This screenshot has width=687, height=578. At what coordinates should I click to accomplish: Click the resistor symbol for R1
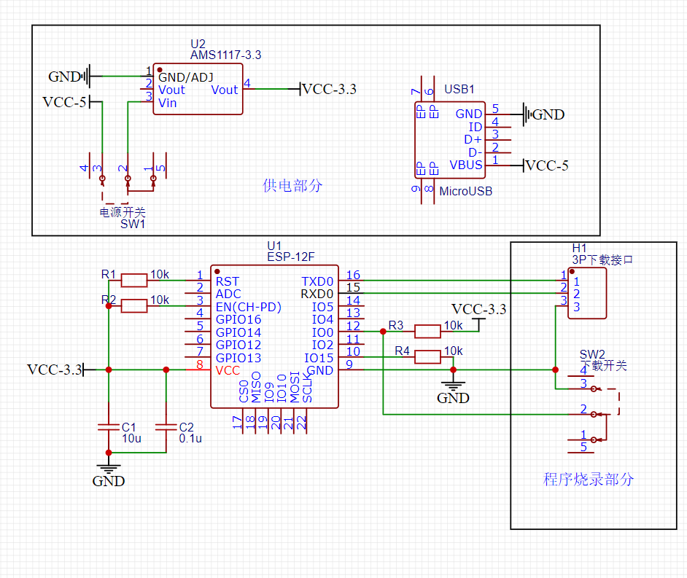click(134, 280)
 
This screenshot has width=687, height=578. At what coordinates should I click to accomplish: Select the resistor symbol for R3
click(427, 332)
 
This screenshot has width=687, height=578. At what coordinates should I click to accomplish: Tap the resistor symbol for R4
click(427, 356)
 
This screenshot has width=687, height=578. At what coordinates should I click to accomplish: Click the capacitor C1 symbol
click(109, 426)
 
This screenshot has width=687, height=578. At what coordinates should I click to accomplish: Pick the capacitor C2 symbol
click(166, 426)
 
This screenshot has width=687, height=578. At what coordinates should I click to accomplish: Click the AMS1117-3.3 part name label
click(225, 55)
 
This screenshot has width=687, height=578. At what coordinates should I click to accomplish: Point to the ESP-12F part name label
click(290, 257)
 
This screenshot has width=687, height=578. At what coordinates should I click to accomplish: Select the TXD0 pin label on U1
click(317, 281)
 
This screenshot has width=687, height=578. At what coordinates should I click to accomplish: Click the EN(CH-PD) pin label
click(249, 307)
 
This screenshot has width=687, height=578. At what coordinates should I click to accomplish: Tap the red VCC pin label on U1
click(228, 370)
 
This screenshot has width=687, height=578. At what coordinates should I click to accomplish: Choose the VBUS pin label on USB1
click(465, 165)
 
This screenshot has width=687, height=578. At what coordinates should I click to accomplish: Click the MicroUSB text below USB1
click(465, 191)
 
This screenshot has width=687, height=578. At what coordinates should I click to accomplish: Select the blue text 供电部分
click(292, 186)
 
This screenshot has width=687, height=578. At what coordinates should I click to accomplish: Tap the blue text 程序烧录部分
click(589, 480)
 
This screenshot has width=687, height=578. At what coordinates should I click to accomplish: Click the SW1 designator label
click(133, 224)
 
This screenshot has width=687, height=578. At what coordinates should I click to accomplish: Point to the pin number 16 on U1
click(353, 276)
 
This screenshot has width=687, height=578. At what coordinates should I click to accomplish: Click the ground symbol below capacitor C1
click(109, 464)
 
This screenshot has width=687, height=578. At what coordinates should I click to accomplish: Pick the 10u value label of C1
click(131, 439)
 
